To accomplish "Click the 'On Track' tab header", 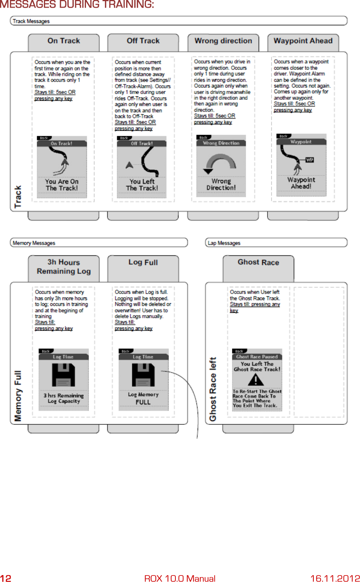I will pyautogui.click(x=64, y=41).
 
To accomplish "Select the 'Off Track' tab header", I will pyautogui.click(x=143, y=41).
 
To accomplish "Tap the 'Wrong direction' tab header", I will pyautogui.click(x=223, y=41).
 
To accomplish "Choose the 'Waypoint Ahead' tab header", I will pyautogui.click(x=303, y=41).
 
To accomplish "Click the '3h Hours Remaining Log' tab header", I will pyautogui.click(x=64, y=267).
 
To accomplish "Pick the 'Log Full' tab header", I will pyautogui.click(x=143, y=262).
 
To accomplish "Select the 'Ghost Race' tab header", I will pyautogui.click(x=258, y=262).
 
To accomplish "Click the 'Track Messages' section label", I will pyautogui.click(x=31, y=21).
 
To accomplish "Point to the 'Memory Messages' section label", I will pyautogui.click(x=34, y=243).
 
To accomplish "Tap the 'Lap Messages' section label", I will pyautogui.click(x=224, y=243).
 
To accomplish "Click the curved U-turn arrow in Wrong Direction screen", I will pyautogui.click(x=220, y=163).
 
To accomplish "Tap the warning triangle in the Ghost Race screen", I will pyautogui.click(x=256, y=380).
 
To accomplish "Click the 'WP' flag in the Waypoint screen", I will pyautogui.click(x=309, y=160).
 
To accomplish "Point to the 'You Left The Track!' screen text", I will pyautogui.click(x=142, y=185).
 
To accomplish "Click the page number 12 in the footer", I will pyautogui.click(x=6, y=578).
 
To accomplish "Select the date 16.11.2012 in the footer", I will pyautogui.click(x=335, y=578).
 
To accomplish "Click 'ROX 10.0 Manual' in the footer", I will pyautogui.click(x=180, y=578).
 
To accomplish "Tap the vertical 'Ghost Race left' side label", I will pyautogui.click(x=212, y=389).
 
